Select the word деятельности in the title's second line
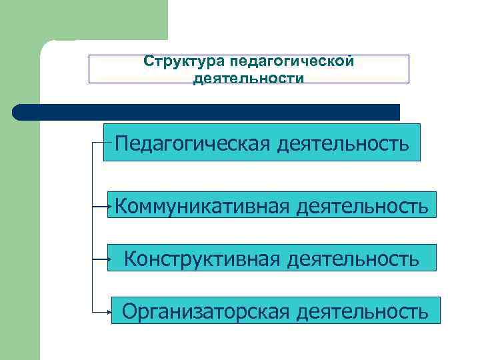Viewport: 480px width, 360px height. pos(249,78)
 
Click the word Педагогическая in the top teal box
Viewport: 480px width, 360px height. pos(189,143)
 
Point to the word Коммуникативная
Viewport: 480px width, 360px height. pos(201,206)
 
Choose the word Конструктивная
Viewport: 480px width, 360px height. pos(203,257)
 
